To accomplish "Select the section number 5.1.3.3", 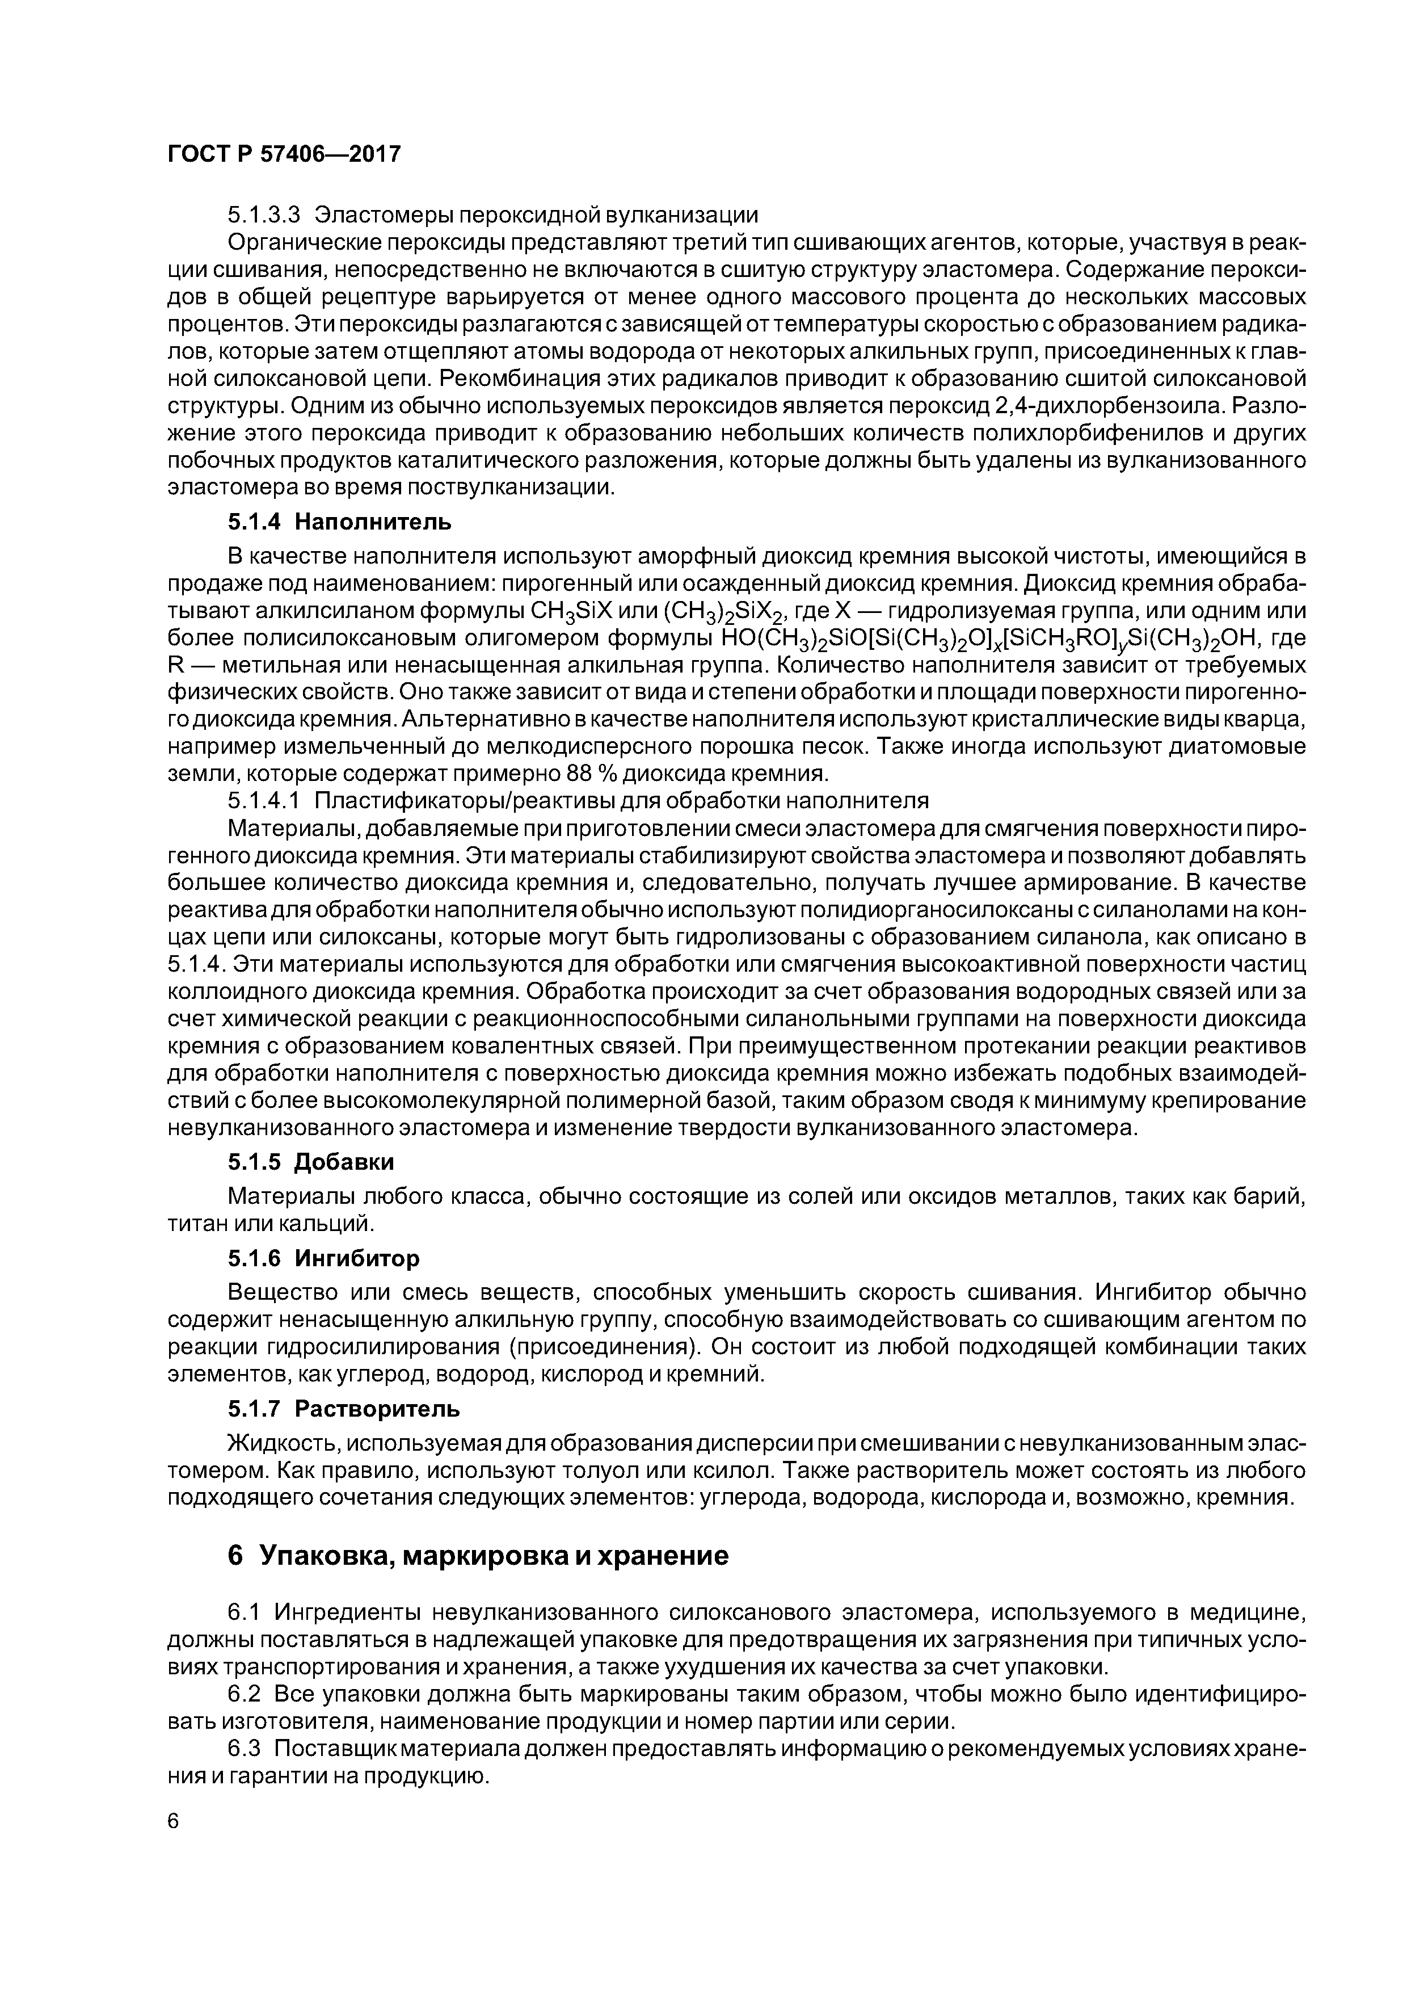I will (264, 214).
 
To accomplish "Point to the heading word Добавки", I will (345, 1161).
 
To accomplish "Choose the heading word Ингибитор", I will (357, 1257).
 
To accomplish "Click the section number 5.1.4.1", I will (264, 800).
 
